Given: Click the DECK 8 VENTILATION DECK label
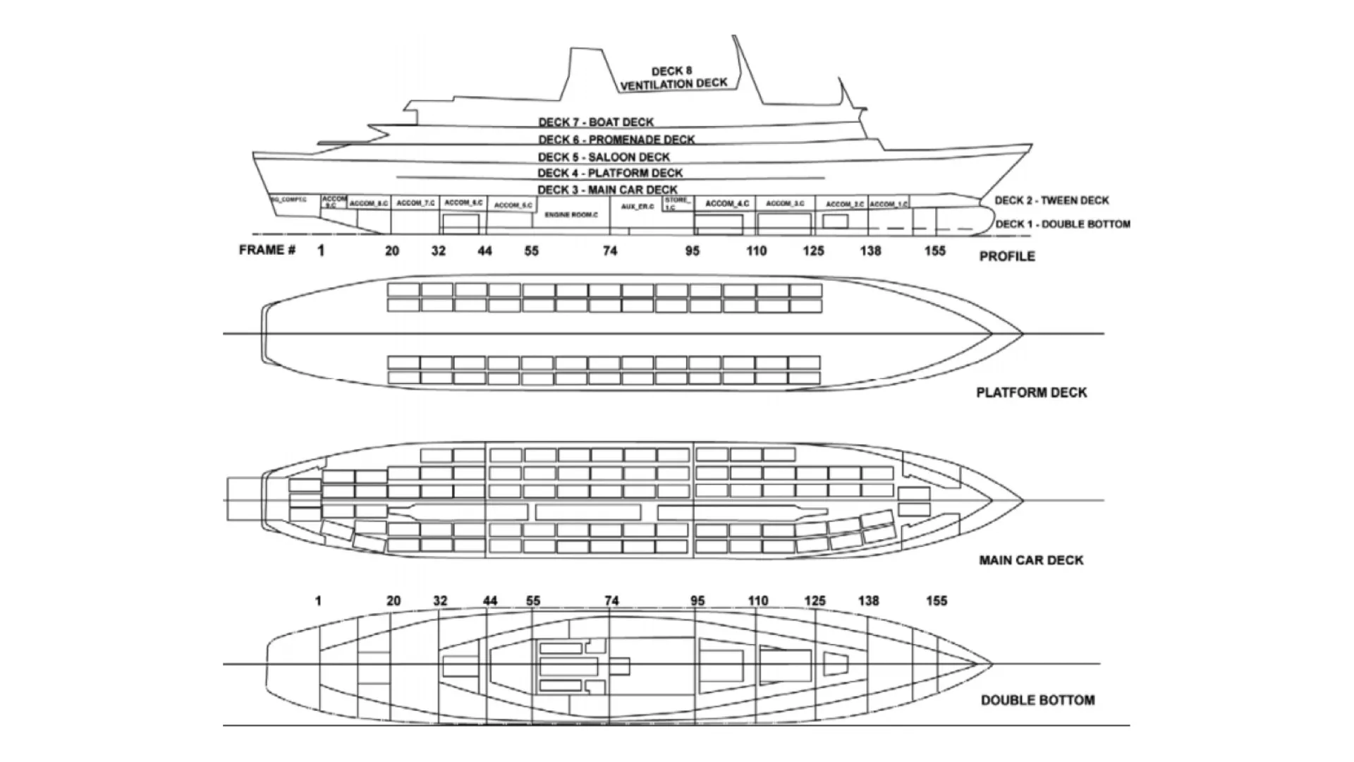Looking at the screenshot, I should click(673, 78).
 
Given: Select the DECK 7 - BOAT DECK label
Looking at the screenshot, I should click(596, 122).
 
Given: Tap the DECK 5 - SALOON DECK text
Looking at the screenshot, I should click(604, 157).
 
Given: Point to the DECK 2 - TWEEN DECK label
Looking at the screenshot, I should click(1051, 200).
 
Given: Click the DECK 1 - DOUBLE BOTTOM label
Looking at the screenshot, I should click(1062, 224).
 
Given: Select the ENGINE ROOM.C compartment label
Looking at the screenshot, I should click(571, 214).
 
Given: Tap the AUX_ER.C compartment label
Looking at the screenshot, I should click(638, 207).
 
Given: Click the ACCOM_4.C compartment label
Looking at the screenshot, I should click(727, 203).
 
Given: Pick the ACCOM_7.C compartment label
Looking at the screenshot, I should click(416, 203).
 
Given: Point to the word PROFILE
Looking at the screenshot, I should click(1007, 256).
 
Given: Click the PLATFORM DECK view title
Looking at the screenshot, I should click(1031, 392).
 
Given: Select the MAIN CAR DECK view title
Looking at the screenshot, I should click(1031, 560).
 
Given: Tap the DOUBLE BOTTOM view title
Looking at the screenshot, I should click(1037, 700).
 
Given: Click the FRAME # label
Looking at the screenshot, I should click(267, 250).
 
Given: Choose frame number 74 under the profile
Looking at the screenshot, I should click(610, 250).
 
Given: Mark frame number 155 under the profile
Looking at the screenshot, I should click(934, 250).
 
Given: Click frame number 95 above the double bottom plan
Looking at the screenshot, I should click(697, 601).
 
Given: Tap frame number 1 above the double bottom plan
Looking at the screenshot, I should click(318, 601).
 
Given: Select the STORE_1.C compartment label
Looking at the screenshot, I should click(676, 204).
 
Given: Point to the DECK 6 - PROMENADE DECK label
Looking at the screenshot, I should click(616, 140).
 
